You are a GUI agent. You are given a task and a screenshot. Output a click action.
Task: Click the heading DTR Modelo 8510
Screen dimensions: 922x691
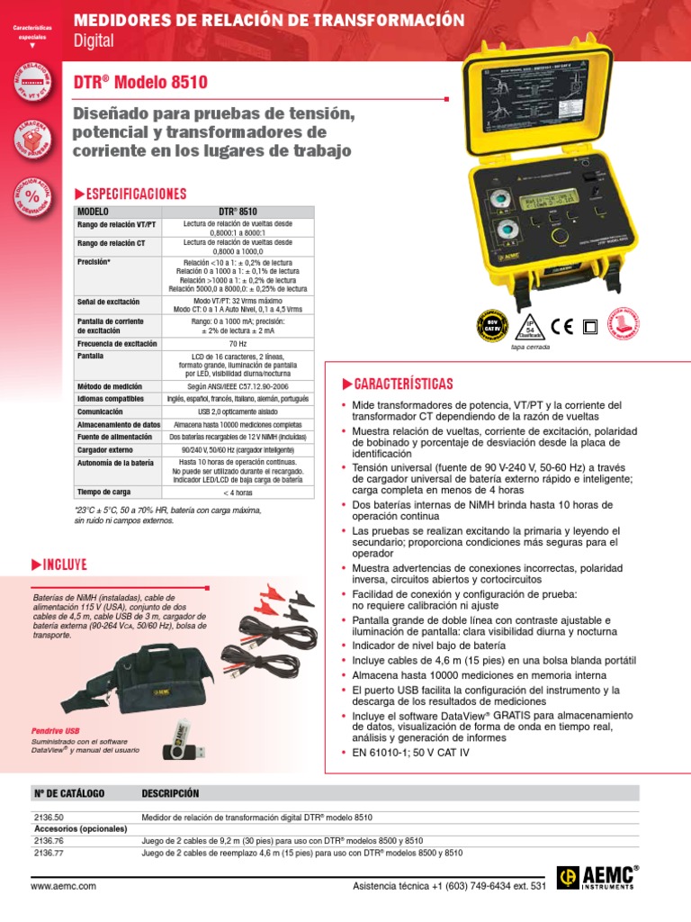tap(140, 83)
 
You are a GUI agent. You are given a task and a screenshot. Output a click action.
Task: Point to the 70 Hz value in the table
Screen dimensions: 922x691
tap(238, 344)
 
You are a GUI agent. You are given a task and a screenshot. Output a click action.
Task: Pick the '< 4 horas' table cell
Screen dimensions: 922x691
tap(238, 493)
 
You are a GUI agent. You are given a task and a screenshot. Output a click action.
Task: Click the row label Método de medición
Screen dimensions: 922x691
tap(110, 385)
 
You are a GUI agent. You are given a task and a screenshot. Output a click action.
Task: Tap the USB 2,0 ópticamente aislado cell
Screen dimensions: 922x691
tap(238, 411)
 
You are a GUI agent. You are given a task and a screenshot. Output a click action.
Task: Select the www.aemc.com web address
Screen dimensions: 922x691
tap(63, 887)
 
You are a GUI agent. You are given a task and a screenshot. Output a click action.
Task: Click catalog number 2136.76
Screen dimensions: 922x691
tap(48, 839)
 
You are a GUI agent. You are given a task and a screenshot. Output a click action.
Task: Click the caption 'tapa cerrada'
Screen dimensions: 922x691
tap(530, 347)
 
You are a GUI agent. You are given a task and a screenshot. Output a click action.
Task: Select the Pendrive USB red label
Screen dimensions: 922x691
tap(55, 730)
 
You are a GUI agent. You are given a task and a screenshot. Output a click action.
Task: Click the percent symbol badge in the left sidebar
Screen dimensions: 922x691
tap(31, 196)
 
